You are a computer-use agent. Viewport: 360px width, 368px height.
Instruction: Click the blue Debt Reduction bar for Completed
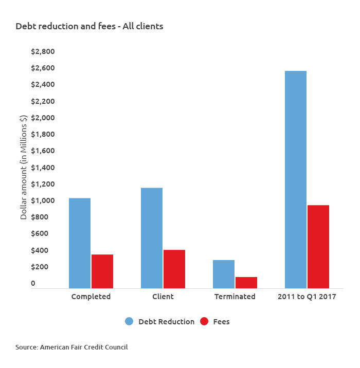pos(80,243)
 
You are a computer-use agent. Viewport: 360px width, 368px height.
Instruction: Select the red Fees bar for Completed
pos(102,271)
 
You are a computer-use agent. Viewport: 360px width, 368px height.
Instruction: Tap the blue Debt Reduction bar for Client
pos(152,238)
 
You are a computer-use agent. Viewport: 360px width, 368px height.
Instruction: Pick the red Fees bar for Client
pos(174,269)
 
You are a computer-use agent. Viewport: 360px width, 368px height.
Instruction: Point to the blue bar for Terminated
pos(224,274)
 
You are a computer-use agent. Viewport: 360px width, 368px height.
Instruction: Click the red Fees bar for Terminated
pos(246,282)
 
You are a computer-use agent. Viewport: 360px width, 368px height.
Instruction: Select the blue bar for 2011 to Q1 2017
pos(296,179)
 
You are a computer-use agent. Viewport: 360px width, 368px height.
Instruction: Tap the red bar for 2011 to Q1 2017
pos(318,246)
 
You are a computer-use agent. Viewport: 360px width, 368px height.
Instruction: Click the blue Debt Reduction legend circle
pos(129,321)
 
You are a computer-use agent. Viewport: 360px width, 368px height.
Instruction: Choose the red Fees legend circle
pos(204,321)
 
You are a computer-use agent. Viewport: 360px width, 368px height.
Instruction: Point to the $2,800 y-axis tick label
pos(43,51)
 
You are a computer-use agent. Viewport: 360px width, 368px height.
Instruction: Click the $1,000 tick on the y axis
pos(43,200)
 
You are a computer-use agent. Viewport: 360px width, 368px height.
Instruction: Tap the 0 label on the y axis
pos(33,283)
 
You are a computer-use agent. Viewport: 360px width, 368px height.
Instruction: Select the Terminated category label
pos(235,297)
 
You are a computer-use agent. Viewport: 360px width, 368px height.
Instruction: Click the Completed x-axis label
pos(91,297)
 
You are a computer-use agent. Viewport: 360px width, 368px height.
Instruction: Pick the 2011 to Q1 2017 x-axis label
pos(307,297)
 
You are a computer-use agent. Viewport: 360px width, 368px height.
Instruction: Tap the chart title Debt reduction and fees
pos(89,26)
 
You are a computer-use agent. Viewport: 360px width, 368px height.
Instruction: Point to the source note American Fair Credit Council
pos(71,347)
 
